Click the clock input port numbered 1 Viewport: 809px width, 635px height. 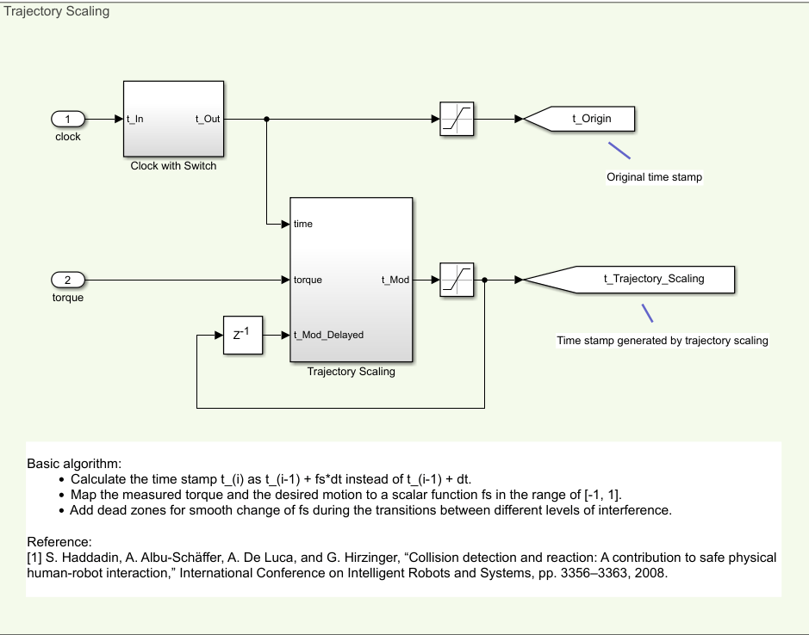tap(68, 119)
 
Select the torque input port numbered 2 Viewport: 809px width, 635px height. tap(68, 280)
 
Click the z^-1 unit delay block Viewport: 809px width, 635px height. tap(241, 335)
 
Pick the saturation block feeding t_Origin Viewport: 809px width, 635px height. tap(457, 119)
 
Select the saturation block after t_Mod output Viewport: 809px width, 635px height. tap(457, 280)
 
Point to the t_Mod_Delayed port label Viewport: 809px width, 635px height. tap(328, 335)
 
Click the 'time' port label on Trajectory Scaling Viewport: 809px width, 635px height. tap(303, 224)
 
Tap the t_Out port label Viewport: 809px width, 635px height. tap(208, 119)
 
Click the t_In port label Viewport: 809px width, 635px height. tap(134, 119)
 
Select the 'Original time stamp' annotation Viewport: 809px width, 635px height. tap(654, 177)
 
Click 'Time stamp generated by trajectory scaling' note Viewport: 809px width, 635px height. tap(662, 341)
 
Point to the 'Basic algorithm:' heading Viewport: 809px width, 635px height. tap(74, 463)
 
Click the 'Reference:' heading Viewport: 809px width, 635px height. tap(59, 542)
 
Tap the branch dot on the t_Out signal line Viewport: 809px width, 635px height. tap(267, 119)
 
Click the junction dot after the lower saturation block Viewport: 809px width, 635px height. tap(485, 280)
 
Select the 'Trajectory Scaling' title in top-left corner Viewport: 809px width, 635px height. tap(57, 12)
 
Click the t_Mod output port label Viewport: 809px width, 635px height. tap(395, 280)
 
